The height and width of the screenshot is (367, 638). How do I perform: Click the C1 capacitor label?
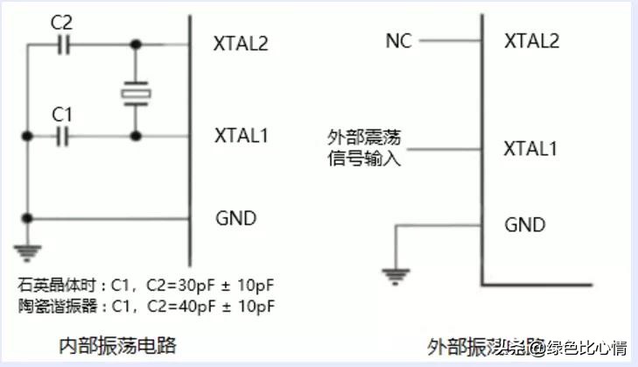click(62, 113)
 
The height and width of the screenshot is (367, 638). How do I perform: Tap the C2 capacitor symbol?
click(64, 43)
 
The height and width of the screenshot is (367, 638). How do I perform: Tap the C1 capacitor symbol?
click(62, 136)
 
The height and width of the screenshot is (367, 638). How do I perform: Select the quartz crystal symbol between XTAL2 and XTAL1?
click(136, 91)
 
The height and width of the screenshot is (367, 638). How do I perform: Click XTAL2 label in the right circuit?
click(532, 39)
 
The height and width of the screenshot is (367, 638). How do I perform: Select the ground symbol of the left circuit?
click(29, 253)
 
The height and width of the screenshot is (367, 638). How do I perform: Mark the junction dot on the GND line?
click(29, 217)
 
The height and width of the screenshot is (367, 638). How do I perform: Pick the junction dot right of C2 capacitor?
click(136, 43)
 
